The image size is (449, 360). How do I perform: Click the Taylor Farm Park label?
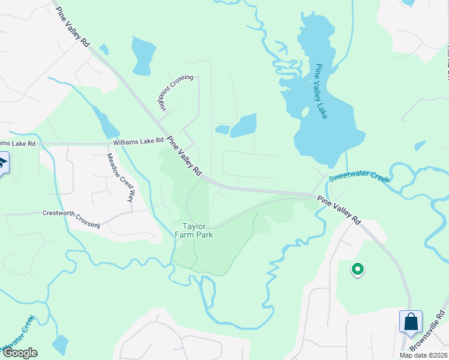coord(198,230)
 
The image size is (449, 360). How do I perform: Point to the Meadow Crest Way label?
coord(120,177)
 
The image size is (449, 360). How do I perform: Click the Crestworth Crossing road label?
coord(71,218)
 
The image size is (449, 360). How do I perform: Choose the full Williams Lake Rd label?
coord(139,142)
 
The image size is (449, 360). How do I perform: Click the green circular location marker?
coord(357,269)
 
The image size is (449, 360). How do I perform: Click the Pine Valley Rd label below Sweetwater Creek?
coord(339,209)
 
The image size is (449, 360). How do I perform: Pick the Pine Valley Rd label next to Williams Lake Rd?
coord(184,155)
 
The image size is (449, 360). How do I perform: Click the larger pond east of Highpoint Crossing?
coord(244,125)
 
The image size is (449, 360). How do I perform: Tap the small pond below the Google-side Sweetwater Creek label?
coord(60,345)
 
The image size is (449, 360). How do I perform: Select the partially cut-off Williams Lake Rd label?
coord(17,143)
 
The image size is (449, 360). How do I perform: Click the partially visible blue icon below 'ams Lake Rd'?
coord(3,163)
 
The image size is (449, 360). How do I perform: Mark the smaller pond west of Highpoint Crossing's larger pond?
coord(222,130)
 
